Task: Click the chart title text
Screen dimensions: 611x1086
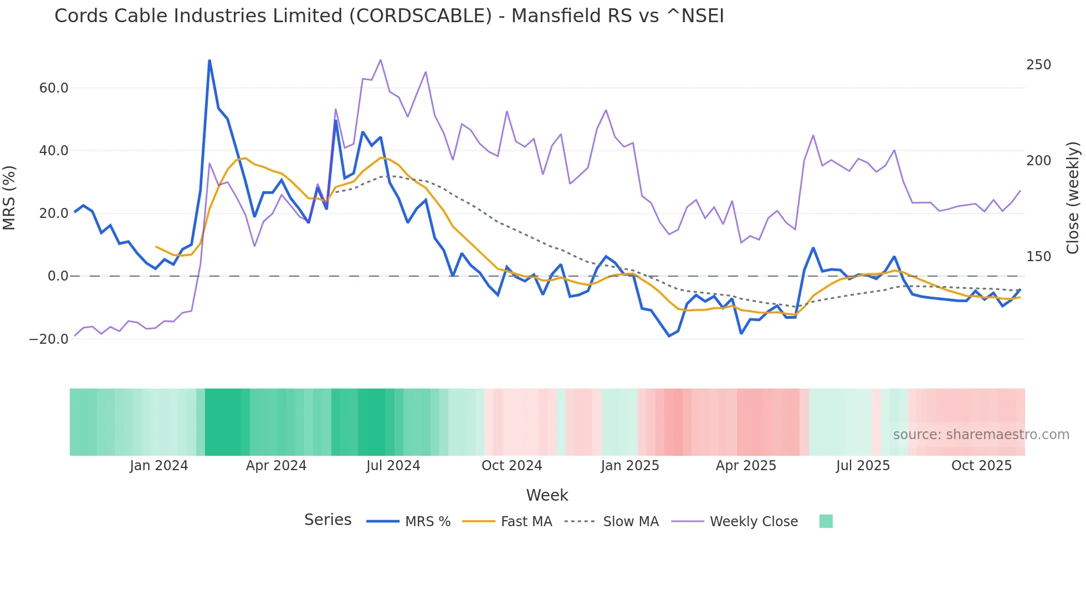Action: coord(389,16)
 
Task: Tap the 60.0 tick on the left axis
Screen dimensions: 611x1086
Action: coord(54,88)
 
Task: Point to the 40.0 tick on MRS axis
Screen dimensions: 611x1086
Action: coord(54,151)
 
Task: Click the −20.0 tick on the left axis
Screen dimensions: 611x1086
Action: coord(49,339)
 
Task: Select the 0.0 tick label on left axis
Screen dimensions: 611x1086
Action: coord(58,276)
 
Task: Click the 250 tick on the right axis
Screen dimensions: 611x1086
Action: coord(1038,65)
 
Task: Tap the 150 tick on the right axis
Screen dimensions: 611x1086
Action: coord(1038,257)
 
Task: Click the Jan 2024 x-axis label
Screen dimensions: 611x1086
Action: coord(159,466)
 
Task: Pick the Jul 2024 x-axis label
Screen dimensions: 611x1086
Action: coord(393,466)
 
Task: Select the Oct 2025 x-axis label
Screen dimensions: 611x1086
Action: coord(981,466)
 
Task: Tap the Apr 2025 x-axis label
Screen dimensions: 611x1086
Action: coord(746,466)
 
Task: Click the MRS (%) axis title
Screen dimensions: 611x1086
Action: coord(9,197)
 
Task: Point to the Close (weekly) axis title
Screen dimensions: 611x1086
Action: coord(1073,197)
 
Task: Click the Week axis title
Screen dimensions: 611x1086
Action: coord(547,495)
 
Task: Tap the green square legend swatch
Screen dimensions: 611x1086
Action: coord(826,521)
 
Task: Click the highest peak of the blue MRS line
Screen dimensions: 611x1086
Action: coord(209,60)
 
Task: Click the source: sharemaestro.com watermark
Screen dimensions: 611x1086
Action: coord(981,435)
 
